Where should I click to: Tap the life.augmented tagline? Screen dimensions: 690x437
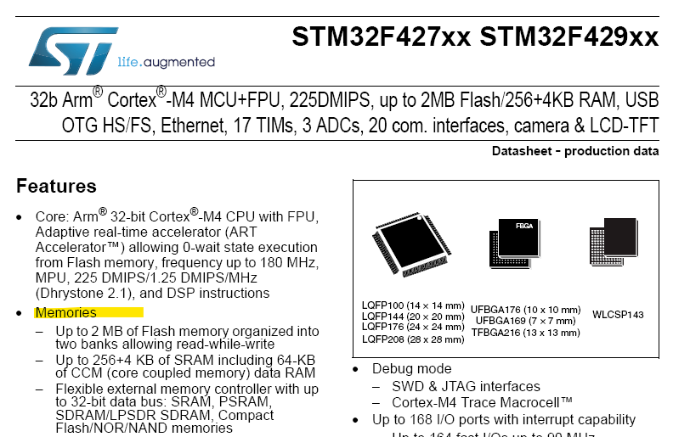click(x=166, y=62)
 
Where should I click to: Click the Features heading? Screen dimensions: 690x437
click(x=56, y=186)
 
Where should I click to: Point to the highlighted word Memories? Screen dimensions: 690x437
click(x=65, y=312)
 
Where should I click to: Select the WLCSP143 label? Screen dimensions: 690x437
click(x=618, y=315)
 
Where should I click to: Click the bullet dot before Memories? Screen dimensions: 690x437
click(x=20, y=313)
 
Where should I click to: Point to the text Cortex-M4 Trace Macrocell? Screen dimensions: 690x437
click(x=482, y=402)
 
